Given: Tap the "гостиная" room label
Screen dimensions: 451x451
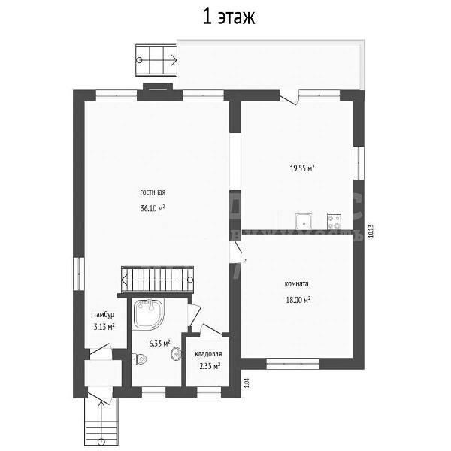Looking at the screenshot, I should pyautogui.click(x=152, y=192).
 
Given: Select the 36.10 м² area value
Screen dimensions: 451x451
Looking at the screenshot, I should pyautogui.click(x=152, y=208).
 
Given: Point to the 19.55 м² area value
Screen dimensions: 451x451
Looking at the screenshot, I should pyautogui.click(x=301, y=168).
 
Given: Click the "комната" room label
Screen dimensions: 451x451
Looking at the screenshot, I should pyautogui.click(x=297, y=283).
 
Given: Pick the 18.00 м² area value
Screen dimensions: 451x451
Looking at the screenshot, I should pyautogui.click(x=298, y=299).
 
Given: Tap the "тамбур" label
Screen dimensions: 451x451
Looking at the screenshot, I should pyautogui.click(x=104, y=314).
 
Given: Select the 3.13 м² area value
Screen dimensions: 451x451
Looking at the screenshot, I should pyautogui.click(x=104, y=327).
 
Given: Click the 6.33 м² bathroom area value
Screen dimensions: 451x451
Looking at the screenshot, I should pyautogui.click(x=159, y=344).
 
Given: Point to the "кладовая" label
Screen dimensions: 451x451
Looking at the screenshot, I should pyautogui.click(x=207, y=353).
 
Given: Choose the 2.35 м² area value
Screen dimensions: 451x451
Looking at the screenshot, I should pyautogui.click(x=208, y=366).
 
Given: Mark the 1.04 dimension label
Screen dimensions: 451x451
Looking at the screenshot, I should pyautogui.click(x=247, y=382).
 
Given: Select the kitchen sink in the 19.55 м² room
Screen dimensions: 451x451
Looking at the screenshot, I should pyautogui.click(x=304, y=220).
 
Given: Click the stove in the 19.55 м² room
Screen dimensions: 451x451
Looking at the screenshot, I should pyautogui.click(x=334, y=220).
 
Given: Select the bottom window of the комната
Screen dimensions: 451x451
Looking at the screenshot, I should pyautogui.click(x=293, y=364).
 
